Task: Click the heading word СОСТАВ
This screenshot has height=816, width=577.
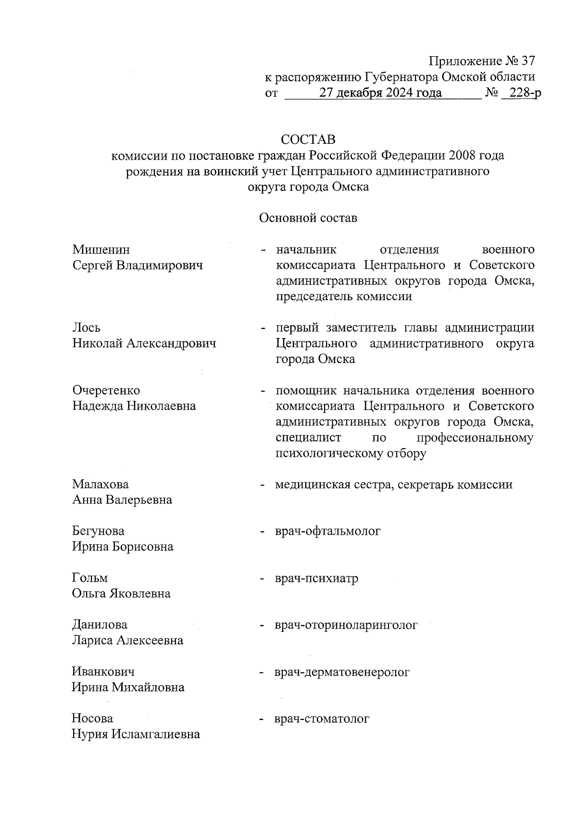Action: [x=308, y=139]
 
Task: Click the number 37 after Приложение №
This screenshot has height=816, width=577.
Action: [x=527, y=62]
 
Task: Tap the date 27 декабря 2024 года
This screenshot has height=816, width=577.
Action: [x=381, y=93]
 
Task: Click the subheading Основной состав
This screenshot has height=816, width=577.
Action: [x=308, y=218]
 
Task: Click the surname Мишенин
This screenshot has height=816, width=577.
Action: [x=101, y=250]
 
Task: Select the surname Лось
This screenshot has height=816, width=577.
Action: [x=87, y=328]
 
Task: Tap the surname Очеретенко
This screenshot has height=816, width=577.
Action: [x=106, y=390]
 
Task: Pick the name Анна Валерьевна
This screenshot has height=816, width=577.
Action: [x=122, y=500]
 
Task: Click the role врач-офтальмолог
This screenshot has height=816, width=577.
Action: [x=328, y=531]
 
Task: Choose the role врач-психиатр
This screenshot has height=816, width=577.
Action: [x=317, y=578]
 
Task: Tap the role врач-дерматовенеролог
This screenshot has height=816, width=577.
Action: [x=342, y=672]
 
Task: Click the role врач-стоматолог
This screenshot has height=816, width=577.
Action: [x=322, y=719]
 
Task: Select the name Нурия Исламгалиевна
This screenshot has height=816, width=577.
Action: [x=136, y=734]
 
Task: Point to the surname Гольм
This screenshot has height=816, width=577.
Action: [x=90, y=578]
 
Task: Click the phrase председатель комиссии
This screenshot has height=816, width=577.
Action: [x=344, y=296]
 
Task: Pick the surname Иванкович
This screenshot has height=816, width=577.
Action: [x=103, y=672]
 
